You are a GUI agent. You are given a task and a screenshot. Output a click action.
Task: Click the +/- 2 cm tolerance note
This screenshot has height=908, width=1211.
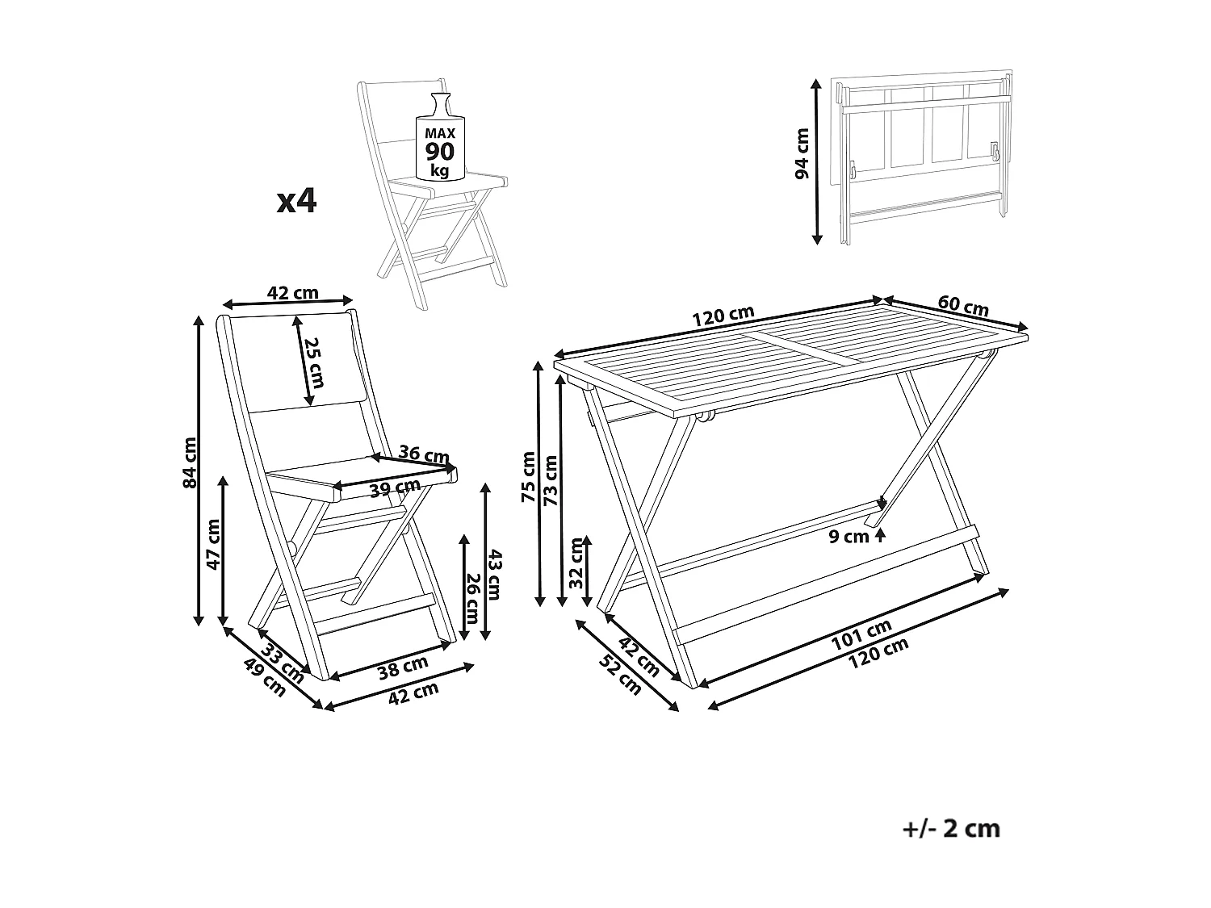coord(950,828)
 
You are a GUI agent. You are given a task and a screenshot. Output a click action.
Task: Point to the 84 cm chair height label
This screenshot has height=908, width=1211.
coord(190,462)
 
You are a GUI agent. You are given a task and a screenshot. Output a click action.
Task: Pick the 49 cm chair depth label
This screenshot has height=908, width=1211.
coord(265,678)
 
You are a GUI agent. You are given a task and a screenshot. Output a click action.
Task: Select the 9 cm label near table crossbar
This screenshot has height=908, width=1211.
coord(849,536)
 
